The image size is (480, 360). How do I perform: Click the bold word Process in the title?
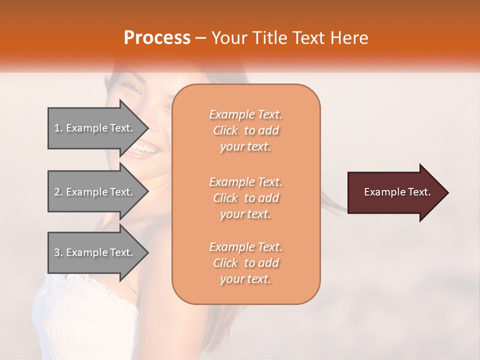[x=157, y=38]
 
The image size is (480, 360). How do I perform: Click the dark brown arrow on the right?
[x=395, y=192]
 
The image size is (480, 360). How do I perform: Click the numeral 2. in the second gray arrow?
[x=58, y=192]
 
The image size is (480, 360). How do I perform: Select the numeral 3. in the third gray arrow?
[x=58, y=252]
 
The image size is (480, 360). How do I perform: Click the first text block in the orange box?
[x=245, y=130]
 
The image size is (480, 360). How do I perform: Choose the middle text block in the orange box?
[x=245, y=198]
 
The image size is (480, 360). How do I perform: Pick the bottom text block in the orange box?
[x=245, y=263]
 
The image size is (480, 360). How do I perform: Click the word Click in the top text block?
[x=225, y=130]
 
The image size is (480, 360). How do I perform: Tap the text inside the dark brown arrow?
[x=397, y=192]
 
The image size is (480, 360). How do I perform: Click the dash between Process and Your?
[x=201, y=38]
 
